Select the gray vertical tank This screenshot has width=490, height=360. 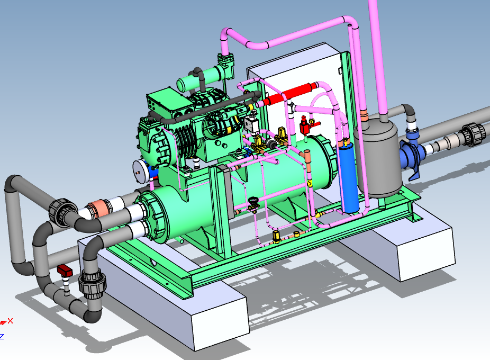click(379, 156)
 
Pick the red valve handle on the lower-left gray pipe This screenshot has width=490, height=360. click(65, 270)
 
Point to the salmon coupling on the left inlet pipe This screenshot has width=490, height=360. click(99, 208)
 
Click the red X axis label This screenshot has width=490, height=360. click(10, 321)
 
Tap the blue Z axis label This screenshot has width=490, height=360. click(2, 337)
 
